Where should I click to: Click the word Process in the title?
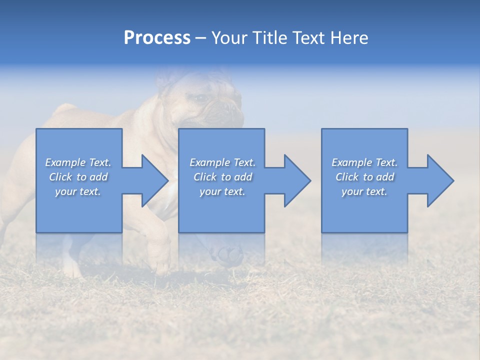coord(157,38)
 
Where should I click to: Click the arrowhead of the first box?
coord(155,180)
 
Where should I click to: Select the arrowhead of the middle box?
coord(297,180)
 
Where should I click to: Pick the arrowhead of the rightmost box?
coord(440,180)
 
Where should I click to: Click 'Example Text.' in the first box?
coord(78,162)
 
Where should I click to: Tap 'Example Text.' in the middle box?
coord(222,162)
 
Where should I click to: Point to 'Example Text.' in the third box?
coord(364,162)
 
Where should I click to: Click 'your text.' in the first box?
coord(78,191)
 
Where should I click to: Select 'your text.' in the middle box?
coord(222,191)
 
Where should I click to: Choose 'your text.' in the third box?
coord(364,191)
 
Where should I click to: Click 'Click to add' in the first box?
coord(78,177)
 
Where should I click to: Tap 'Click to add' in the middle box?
coord(222,177)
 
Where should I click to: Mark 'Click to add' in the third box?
coord(364,177)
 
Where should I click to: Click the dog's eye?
coord(201,98)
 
